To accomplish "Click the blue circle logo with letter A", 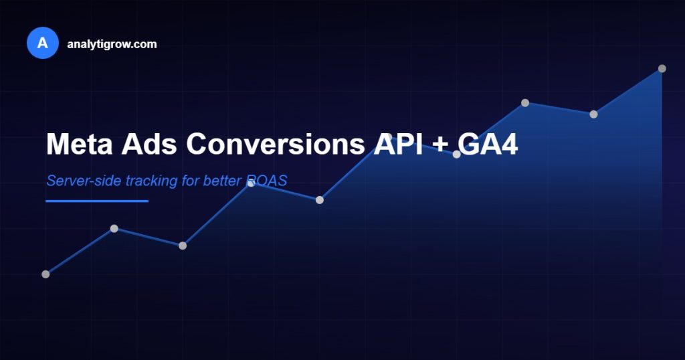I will (43, 43).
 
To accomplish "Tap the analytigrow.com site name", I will (112, 44).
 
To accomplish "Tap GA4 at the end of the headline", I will (488, 145).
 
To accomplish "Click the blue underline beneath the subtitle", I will (97, 200).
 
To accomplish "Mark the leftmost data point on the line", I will (45, 274).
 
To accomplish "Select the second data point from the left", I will (114, 229).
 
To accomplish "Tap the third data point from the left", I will (183, 246).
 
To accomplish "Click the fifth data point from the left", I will (320, 200).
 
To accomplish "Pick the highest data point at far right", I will (662, 68).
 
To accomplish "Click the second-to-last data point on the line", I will (593, 114).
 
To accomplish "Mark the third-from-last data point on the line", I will (525, 103).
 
